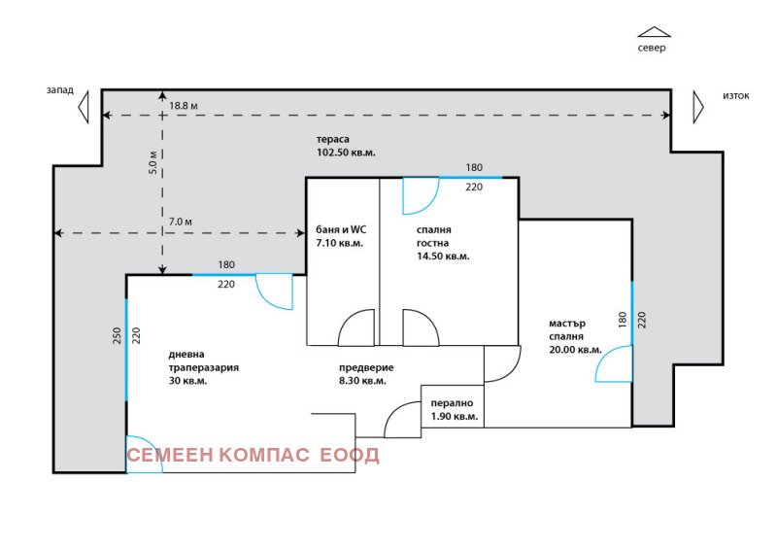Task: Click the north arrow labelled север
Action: pyautogui.click(x=654, y=32)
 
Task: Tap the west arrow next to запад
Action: pyautogui.click(x=84, y=107)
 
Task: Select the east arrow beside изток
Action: pyautogui.click(x=698, y=107)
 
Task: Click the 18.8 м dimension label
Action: pyautogui.click(x=184, y=106)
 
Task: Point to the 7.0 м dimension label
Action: pyautogui.click(x=181, y=222)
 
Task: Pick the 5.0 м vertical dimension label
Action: pyautogui.click(x=153, y=162)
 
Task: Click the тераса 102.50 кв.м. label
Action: pyautogui.click(x=346, y=146)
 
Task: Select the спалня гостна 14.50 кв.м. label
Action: pyautogui.click(x=443, y=243)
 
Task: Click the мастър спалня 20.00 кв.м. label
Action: pyautogui.click(x=575, y=336)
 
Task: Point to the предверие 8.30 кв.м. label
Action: pyautogui.click(x=366, y=374)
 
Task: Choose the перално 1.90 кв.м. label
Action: pyautogui.click(x=455, y=410)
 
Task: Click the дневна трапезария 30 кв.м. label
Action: pyautogui.click(x=204, y=367)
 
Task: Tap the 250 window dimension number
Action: pyautogui.click(x=117, y=336)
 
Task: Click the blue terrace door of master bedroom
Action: pyautogui.click(x=614, y=364)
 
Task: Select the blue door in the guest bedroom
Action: pyautogui.click(x=421, y=196)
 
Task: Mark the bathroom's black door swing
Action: pyautogui.click(x=355, y=327)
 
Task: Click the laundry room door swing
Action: pyautogui.click(x=402, y=420)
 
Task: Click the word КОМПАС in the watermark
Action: pyautogui.click(x=264, y=456)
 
